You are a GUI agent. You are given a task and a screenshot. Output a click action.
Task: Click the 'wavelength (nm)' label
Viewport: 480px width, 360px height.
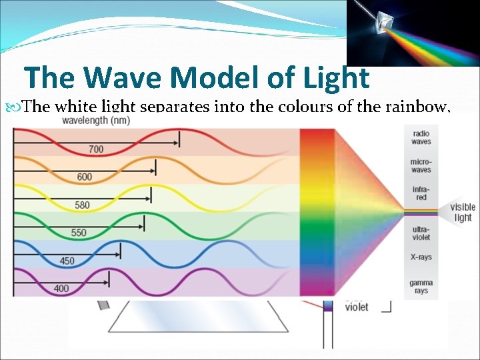pyautogui.click(x=96, y=121)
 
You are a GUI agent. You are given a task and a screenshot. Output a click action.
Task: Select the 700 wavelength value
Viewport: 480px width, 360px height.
pyautogui.click(x=96, y=149)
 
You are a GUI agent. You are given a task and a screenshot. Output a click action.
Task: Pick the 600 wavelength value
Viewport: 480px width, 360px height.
pyautogui.click(x=85, y=177)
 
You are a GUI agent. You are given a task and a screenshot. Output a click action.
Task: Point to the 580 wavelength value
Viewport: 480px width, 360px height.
pyautogui.click(x=82, y=205)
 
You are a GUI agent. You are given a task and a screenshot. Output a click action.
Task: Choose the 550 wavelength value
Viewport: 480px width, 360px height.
pyautogui.click(x=79, y=233)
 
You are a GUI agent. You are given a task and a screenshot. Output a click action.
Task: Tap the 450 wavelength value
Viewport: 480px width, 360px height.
pyautogui.click(x=67, y=261)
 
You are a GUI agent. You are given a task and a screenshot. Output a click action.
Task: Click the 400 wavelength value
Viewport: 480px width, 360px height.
pyautogui.click(x=61, y=289)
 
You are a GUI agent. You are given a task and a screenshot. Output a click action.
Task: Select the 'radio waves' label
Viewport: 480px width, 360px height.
pyautogui.click(x=421, y=137)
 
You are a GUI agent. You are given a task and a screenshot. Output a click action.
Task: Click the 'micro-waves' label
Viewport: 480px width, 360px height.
pyautogui.click(x=421, y=165)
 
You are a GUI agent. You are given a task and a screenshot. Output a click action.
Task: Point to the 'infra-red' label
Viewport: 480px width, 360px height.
pyautogui.click(x=421, y=193)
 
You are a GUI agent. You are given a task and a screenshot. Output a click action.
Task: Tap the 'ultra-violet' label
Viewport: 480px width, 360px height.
pyautogui.click(x=421, y=233)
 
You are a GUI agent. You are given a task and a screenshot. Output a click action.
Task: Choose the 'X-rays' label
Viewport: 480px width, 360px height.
pyautogui.click(x=421, y=257)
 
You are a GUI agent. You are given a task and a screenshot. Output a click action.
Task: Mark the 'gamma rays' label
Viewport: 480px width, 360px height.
pyautogui.click(x=421, y=287)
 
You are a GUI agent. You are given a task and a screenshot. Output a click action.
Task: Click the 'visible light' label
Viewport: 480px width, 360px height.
pyautogui.click(x=462, y=212)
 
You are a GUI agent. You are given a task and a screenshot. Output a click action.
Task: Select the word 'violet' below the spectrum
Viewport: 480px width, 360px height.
pyautogui.click(x=356, y=307)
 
